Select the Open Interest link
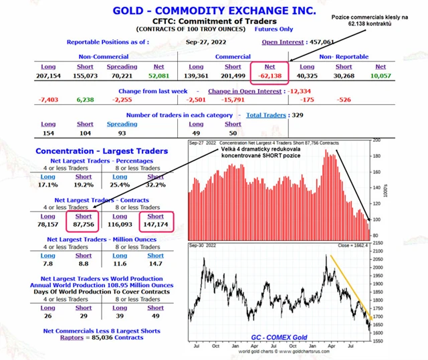pyautogui.click(x=284, y=41)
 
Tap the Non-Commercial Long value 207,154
pyautogui.click(x=49, y=76)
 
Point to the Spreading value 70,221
pyautogui.click(x=122, y=76)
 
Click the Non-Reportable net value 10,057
pyautogui.click(x=380, y=76)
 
